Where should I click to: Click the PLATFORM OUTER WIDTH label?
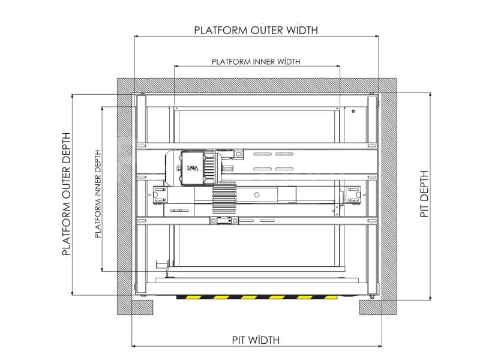256,31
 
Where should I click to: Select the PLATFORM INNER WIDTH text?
256,62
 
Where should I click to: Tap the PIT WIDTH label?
256,340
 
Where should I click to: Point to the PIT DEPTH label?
424,194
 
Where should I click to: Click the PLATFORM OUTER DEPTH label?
67,194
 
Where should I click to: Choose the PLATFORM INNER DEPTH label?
98,194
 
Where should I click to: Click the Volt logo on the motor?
193,168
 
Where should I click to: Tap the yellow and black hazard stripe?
257,297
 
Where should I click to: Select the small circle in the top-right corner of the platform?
353,111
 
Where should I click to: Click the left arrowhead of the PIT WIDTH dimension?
133,346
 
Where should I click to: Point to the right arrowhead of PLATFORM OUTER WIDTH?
377,37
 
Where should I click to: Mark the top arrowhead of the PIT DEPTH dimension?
430,95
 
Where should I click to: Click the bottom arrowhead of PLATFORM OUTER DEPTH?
73,293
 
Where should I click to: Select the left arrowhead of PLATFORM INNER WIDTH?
176,66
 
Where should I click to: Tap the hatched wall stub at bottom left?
142,307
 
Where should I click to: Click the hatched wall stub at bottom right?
370,307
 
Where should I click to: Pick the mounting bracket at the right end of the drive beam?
353,194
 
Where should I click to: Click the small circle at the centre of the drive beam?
257,194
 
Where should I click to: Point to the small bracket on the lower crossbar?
224,220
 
